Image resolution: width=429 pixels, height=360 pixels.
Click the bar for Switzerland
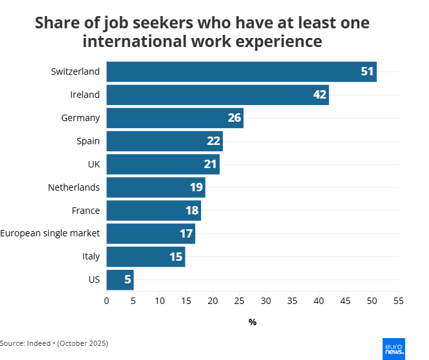tap(241, 71)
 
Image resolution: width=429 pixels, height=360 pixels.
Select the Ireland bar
tap(217, 95)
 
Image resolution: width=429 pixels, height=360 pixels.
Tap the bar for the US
tap(120, 280)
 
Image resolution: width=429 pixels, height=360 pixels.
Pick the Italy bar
tap(146, 257)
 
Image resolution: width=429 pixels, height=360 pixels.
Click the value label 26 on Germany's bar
tap(234, 118)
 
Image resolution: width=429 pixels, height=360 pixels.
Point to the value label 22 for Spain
tap(214, 141)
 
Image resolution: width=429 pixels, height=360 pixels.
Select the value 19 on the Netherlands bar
tap(196, 187)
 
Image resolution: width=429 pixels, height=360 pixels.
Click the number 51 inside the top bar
tap(367, 71)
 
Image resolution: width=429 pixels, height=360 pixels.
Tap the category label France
tap(86, 211)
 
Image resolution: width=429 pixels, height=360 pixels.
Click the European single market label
tap(50, 234)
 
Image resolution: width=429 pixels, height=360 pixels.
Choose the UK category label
tap(93, 164)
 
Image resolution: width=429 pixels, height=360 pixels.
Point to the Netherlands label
tap(73, 187)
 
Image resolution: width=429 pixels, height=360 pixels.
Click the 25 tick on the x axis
tap(239, 300)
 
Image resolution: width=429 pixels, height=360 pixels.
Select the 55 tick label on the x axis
tap(398, 300)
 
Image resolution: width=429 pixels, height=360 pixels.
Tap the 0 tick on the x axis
tap(107, 300)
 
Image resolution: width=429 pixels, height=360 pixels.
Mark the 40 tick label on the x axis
tap(319, 300)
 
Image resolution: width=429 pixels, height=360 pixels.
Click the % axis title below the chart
tap(253, 322)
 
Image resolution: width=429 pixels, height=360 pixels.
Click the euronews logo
tap(394, 348)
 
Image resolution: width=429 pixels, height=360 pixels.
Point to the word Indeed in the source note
tap(41, 343)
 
